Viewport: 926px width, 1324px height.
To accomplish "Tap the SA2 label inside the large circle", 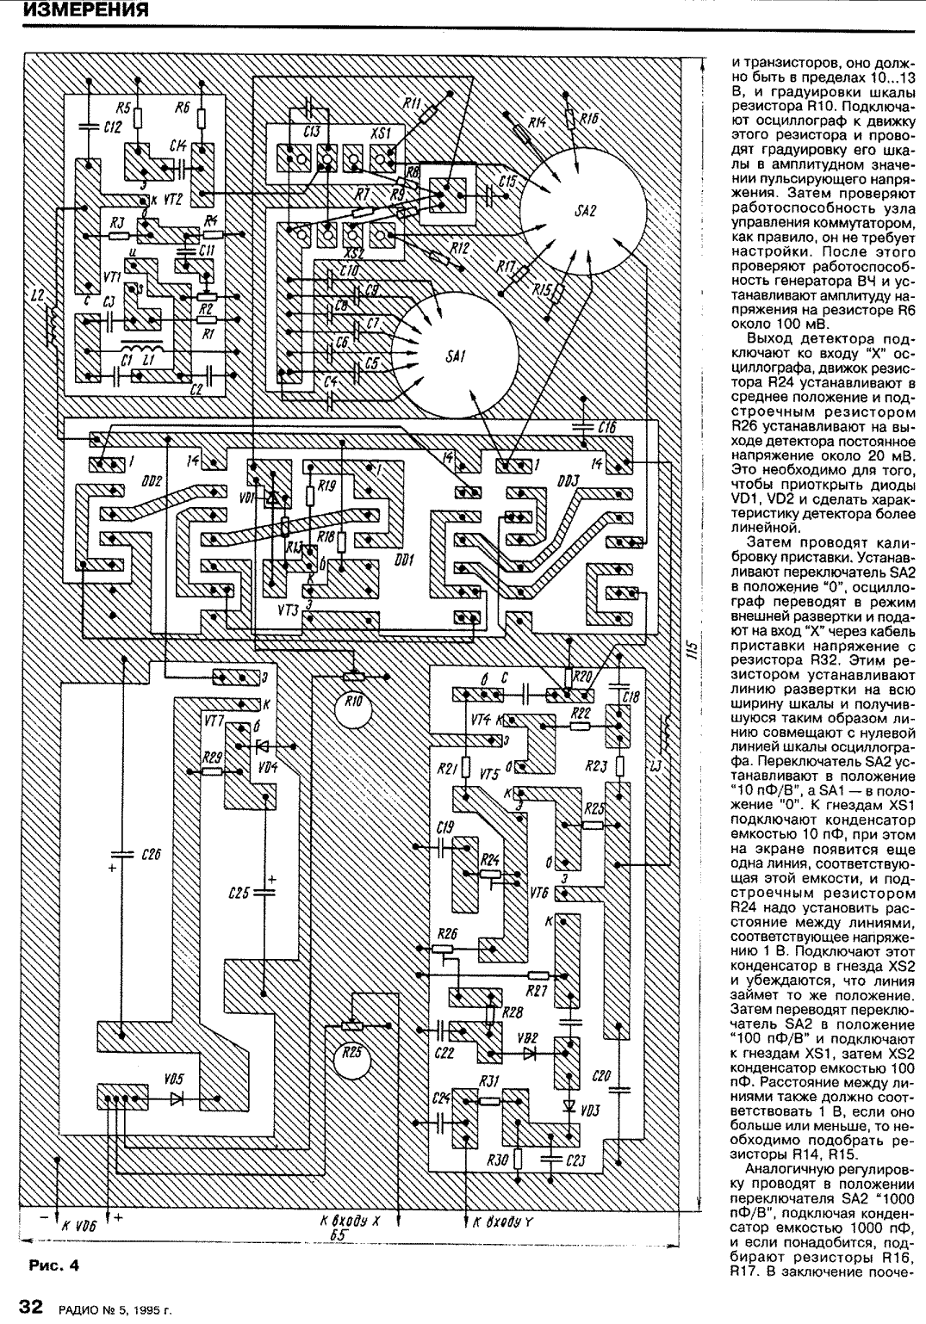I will click(584, 211).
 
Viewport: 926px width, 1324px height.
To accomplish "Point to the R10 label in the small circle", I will click(352, 702).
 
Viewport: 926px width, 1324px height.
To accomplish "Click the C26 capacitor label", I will click(148, 854).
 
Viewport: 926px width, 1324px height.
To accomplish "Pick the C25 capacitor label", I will click(239, 893).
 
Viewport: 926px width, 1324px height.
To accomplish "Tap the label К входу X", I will click(350, 1221).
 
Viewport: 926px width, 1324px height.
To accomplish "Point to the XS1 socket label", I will click(379, 133).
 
